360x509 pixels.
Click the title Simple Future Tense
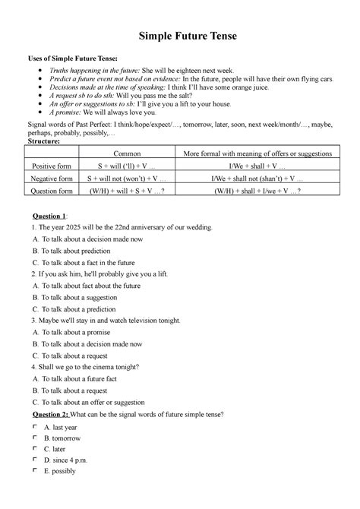[x=179, y=36]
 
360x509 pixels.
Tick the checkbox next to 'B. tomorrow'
[x=34, y=438]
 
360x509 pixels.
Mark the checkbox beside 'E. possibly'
[x=34, y=469]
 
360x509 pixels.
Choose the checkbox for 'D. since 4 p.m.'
[x=34, y=459]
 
